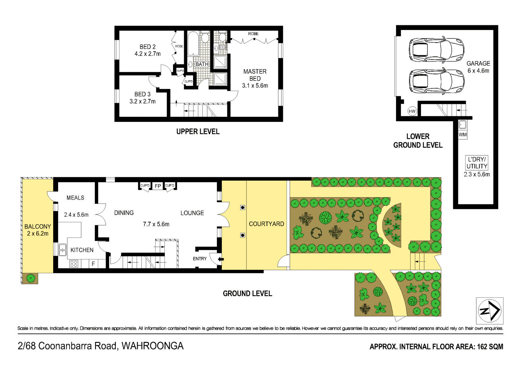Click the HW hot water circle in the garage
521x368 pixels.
click(412, 111)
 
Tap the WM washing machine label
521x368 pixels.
click(463, 135)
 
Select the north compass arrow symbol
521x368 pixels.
click(490, 311)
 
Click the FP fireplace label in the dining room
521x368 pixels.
click(158, 186)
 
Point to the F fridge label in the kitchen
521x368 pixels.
click(93, 264)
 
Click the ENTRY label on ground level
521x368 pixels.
click(200, 259)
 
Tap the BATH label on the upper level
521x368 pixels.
click(202, 64)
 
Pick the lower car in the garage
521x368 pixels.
click(437, 81)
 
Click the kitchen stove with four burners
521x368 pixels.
click(74, 264)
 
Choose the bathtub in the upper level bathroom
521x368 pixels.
click(193, 44)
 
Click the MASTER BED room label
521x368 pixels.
click(255, 75)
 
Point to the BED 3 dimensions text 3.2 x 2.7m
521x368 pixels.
click(143, 101)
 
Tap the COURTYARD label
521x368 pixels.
click(266, 224)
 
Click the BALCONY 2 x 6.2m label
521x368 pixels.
click(38, 230)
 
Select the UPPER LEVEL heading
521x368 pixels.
click(198, 132)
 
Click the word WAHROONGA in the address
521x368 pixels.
click(153, 346)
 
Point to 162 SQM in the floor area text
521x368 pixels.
click(490, 347)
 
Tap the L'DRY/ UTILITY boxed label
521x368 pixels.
click(477, 163)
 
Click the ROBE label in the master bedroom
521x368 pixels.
click(253, 34)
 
